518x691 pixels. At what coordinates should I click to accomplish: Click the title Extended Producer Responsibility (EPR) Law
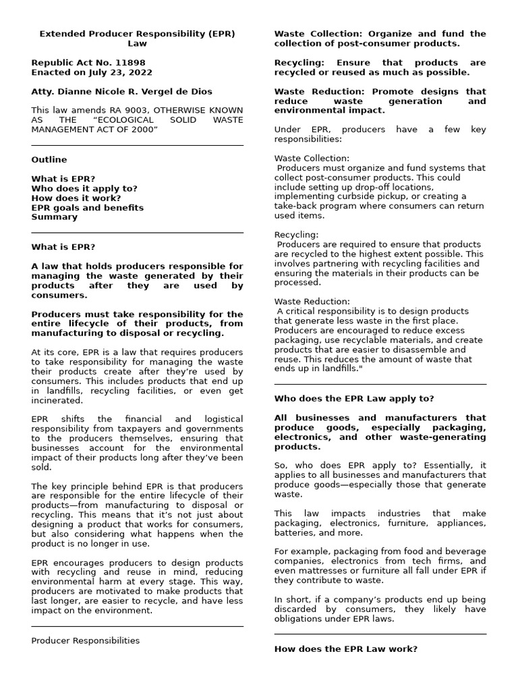pos(137,38)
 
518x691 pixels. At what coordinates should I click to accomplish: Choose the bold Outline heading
pos(49,160)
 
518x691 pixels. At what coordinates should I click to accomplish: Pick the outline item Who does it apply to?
pos(84,189)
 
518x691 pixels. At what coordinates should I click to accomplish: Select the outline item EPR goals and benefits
pos(87,208)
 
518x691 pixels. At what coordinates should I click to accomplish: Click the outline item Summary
pos(54,217)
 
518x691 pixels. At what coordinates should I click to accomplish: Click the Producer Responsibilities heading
pos(85,640)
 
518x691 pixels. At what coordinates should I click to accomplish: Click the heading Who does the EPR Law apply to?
pos(354,399)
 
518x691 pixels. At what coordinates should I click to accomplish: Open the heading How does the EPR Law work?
pos(345,649)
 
